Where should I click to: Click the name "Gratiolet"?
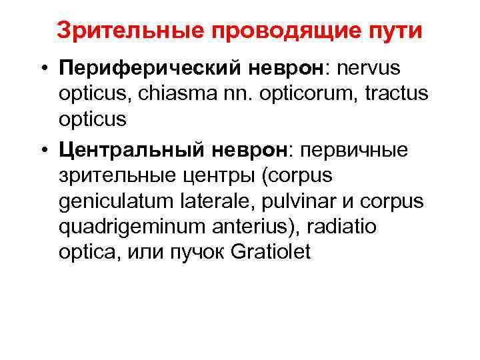coord(273,253)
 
